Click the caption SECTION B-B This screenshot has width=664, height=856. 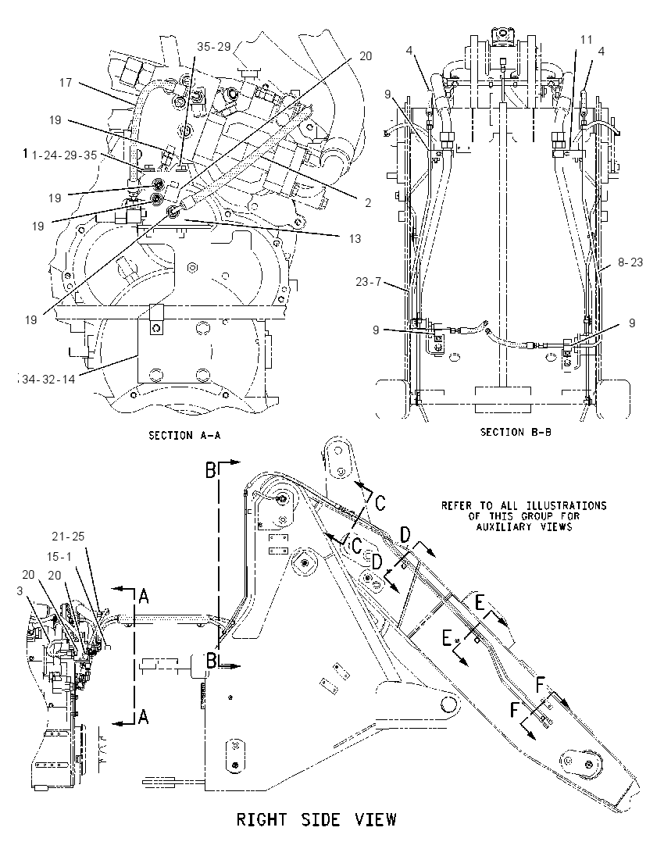click(x=516, y=432)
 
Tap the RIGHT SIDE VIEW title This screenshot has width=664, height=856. click(x=316, y=819)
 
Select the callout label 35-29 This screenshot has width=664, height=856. click(x=214, y=47)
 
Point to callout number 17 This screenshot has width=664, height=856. click(x=66, y=83)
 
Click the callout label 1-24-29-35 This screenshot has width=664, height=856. click(x=64, y=155)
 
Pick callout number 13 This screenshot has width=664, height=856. click(x=355, y=238)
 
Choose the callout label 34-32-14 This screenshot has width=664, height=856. click(x=48, y=379)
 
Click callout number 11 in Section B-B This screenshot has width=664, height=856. click(x=586, y=39)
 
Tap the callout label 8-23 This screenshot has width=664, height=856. click(x=630, y=262)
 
